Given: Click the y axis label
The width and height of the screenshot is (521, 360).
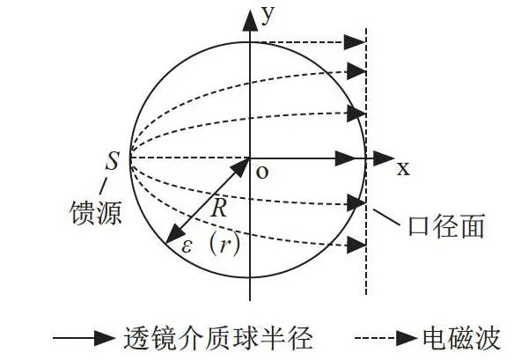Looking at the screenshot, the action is [x=268, y=15].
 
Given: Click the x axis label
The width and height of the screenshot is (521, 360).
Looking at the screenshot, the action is [x=403, y=169].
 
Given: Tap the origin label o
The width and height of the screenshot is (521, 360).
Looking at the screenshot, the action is [x=262, y=173].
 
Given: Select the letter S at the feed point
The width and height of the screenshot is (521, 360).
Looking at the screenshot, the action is [x=112, y=161].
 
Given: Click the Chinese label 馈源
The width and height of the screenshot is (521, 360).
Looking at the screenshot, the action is [x=96, y=212].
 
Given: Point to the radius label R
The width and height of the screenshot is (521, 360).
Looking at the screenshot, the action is [x=219, y=208].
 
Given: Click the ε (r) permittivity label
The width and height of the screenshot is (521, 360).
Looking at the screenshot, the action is [x=210, y=246].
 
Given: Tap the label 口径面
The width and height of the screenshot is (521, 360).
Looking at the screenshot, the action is [x=446, y=225].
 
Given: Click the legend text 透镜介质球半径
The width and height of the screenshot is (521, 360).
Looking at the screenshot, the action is [x=218, y=338].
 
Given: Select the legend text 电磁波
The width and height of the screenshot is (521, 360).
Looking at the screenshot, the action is [x=461, y=338].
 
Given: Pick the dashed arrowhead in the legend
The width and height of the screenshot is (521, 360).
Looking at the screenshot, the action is [x=407, y=338].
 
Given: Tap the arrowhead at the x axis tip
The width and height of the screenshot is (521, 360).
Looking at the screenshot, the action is [x=384, y=158].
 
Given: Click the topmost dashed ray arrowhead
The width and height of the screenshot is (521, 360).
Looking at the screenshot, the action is [x=355, y=42].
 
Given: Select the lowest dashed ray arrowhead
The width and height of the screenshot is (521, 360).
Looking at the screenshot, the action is [x=356, y=246].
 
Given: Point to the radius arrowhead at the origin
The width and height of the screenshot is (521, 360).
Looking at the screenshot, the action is [x=241, y=167].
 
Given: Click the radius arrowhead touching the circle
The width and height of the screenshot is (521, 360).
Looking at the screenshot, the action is [x=175, y=234].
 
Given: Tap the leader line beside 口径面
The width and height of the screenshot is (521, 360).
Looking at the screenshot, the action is [x=386, y=217].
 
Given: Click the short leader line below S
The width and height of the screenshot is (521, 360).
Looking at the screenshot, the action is [x=103, y=186].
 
